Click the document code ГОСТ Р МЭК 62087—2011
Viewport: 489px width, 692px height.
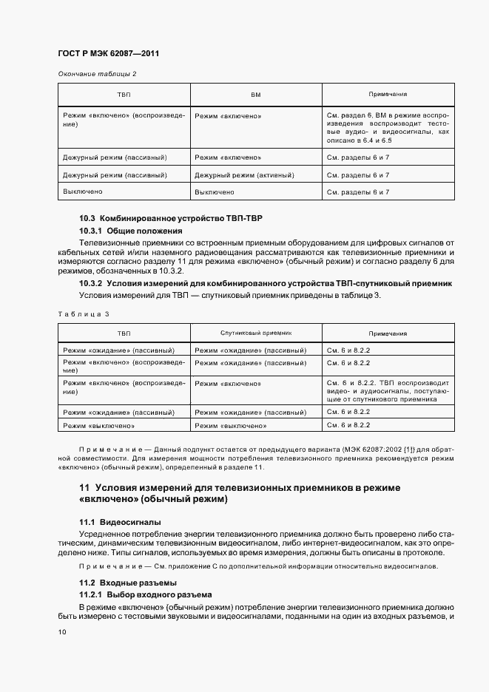[108, 54]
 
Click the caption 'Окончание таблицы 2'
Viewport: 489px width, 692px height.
[97, 73]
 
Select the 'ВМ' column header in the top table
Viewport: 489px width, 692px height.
[256, 95]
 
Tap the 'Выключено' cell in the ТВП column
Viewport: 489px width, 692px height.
[83, 191]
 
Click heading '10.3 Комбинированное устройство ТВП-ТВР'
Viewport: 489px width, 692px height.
[170, 219]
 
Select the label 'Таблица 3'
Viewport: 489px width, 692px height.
[83, 314]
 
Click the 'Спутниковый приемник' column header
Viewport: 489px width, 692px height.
[256, 333]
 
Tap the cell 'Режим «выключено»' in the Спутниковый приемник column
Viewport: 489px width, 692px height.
[231, 427]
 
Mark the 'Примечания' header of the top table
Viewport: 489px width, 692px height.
[388, 95]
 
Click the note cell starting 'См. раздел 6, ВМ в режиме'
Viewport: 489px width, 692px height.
[388, 128]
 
